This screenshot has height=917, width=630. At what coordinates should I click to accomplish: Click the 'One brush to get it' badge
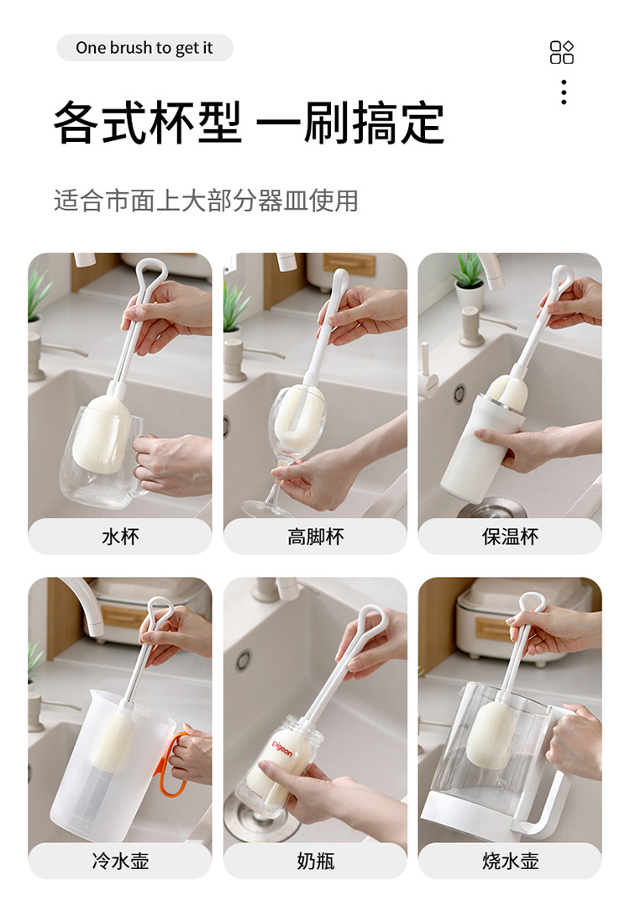click(x=144, y=48)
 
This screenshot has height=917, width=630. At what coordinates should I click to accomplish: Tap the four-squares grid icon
click(x=562, y=52)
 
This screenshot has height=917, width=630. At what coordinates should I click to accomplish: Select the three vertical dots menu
click(x=564, y=92)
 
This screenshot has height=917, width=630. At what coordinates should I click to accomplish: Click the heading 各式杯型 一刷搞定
click(x=249, y=123)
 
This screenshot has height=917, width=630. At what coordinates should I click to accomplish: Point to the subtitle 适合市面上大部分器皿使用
click(x=206, y=201)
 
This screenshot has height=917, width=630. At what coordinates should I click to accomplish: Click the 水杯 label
click(x=120, y=537)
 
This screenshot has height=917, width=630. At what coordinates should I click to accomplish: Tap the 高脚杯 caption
click(x=315, y=537)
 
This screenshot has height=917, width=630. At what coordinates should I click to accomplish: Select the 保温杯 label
click(x=510, y=537)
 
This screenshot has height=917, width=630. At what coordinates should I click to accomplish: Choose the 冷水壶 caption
click(x=120, y=861)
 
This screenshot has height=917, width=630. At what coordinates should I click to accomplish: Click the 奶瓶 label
click(x=315, y=861)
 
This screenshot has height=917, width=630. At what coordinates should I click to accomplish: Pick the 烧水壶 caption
click(x=510, y=861)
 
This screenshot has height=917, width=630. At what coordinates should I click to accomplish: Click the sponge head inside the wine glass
click(x=299, y=410)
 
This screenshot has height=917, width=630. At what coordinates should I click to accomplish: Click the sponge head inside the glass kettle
click(x=491, y=735)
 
